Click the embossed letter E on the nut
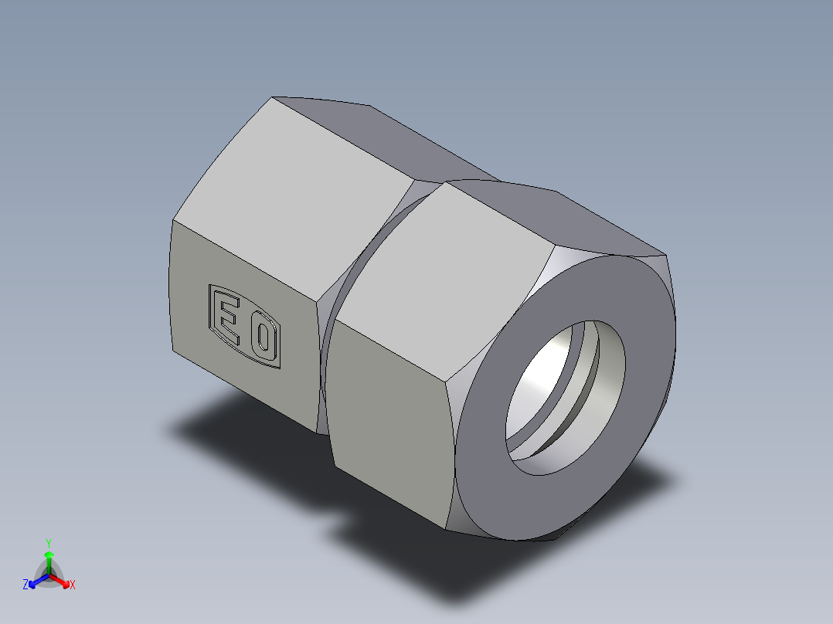click(227, 316)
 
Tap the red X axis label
click(73, 585)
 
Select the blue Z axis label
click(25, 585)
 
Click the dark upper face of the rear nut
click(386, 139)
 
